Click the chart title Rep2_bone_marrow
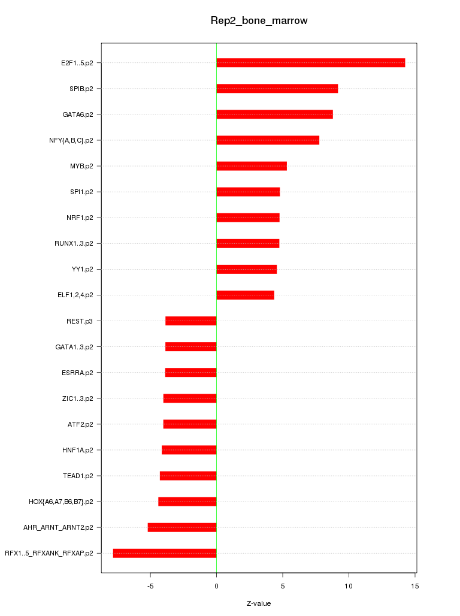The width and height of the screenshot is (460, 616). pyautogui.click(x=259, y=21)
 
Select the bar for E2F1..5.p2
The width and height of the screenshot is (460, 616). pyautogui.click(x=310, y=63)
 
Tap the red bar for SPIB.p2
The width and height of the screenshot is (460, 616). pyautogui.click(x=277, y=89)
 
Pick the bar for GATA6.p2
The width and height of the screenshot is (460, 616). pyautogui.click(x=274, y=114)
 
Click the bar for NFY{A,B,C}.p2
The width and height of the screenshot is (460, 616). pyautogui.click(x=268, y=140)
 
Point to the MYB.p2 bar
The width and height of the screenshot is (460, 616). pyautogui.click(x=252, y=166)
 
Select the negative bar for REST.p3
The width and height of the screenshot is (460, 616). pyautogui.click(x=190, y=321)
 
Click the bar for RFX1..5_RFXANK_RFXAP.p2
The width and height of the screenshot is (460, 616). pyautogui.click(x=165, y=553)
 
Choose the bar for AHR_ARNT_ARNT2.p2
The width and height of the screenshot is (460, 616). pyautogui.click(x=182, y=527)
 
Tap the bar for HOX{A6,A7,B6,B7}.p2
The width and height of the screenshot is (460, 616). pyautogui.click(x=187, y=502)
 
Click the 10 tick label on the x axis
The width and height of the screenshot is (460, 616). pyautogui.click(x=348, y=585)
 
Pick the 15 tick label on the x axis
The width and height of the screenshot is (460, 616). pyautogui.click(x=414, y=585)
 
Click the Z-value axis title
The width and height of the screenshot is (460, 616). pyautogui.click(x=259, y=603)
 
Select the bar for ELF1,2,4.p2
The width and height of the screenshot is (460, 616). pyautogui.click(x=245, y=295)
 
